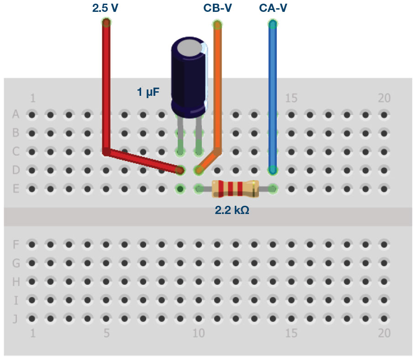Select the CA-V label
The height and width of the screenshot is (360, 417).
(x=273, y=8)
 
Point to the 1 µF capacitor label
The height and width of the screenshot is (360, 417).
(x=148, y=92)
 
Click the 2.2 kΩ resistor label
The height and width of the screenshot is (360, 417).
(x=232, y=210)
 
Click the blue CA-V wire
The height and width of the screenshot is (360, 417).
(x=273, y=91)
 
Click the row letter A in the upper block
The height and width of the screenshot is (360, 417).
(x=16, y=115)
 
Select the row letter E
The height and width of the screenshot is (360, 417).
(x=16, y=188)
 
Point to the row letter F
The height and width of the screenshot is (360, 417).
(x=16, y=245)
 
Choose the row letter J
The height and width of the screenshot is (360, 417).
(x=16, y=318)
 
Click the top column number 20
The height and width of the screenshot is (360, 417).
(x=384, y=98)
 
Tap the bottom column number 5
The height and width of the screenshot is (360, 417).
(x=106, y=333)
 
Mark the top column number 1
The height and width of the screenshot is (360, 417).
(x=32, y=98)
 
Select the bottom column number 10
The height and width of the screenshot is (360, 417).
(x=198, y=333)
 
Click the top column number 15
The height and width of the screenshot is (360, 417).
(x=291, y=98)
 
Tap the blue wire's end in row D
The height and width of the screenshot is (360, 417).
(x=273, y=170)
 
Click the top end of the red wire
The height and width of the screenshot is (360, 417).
(x=106, y=22)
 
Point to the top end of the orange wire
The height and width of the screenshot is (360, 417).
(x=217, y=24)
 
